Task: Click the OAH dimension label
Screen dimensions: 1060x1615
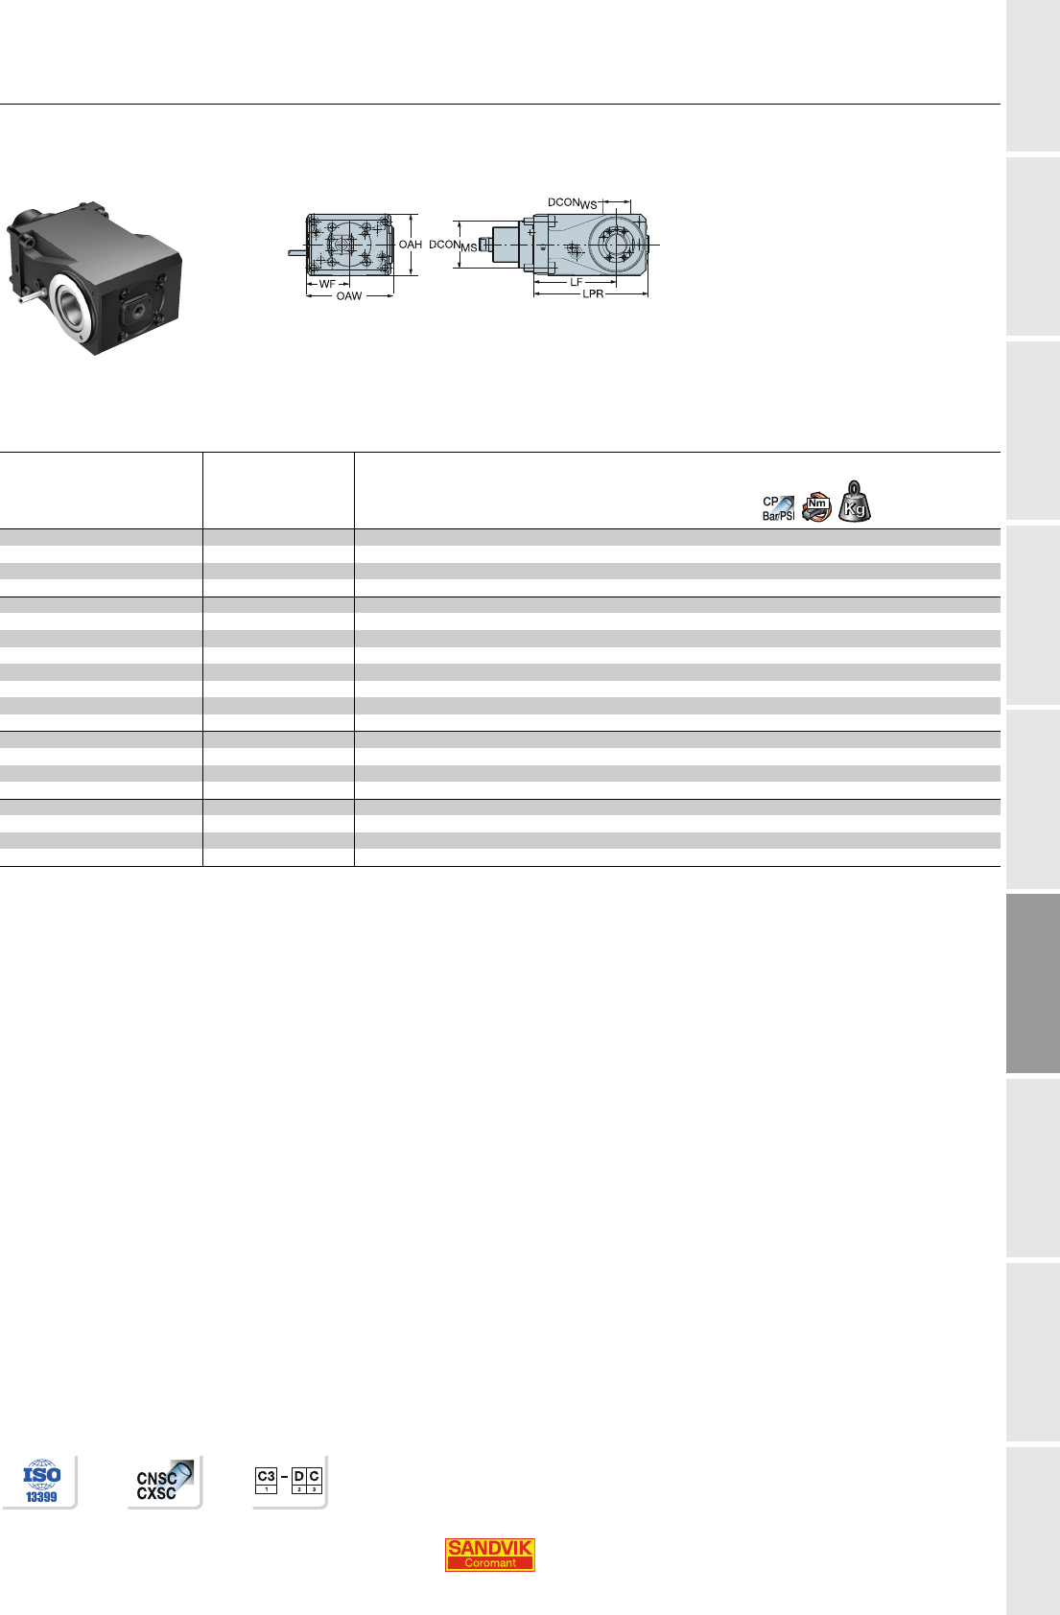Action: [411, 245]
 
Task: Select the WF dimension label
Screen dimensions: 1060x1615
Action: [327, 284]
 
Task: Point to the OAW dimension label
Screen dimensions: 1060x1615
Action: [349, 296]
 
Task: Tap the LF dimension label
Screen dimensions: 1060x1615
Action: [577, 282]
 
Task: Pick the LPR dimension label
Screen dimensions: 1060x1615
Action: [593, 294]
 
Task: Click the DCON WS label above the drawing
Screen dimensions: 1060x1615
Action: [573, 203]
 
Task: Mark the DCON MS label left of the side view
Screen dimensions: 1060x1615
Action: [453, 246]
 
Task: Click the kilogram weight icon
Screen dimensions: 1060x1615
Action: [855, 502]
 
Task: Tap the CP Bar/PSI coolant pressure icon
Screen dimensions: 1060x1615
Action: [779, 508]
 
